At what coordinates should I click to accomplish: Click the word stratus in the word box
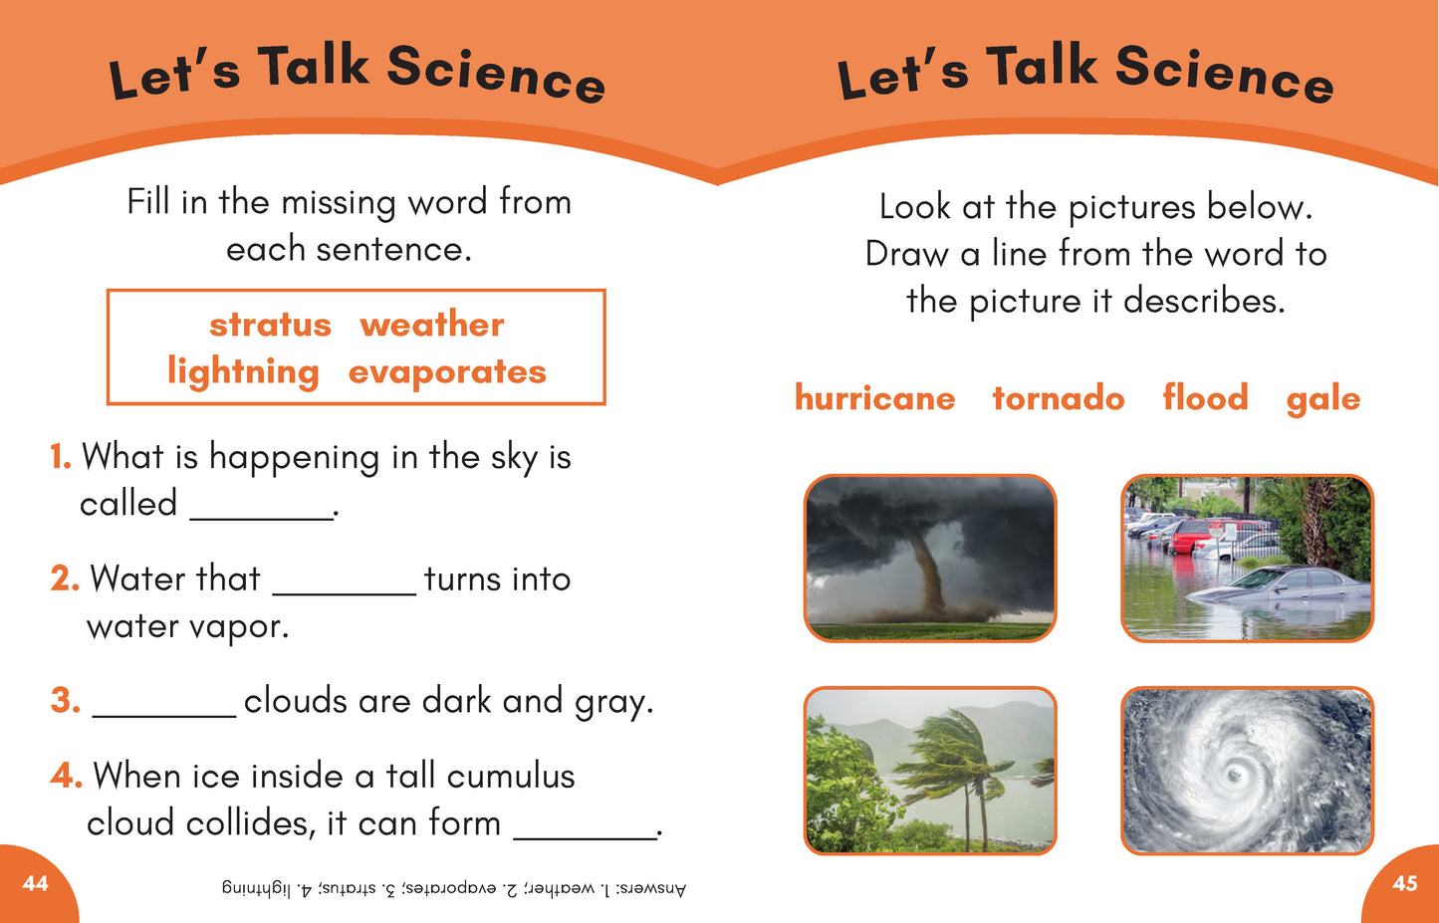point(271,325)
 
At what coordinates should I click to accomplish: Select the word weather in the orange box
point(432,324)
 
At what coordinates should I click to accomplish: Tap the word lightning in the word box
point(243,372)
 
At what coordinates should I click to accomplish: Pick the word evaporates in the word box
point(447,373)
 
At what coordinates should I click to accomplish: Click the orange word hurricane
point(875,397)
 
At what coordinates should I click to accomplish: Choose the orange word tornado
point(1059,397)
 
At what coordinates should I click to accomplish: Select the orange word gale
point(1323,399)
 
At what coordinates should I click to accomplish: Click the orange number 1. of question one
point(61,457)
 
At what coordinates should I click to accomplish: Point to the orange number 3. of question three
point(66,700)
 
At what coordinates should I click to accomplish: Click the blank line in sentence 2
point(345,594)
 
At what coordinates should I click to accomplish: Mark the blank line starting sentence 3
point(164,716)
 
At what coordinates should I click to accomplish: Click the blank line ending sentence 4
point(585,838)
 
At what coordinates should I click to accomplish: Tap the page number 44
point(35,884)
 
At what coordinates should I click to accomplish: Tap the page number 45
point(1405,884)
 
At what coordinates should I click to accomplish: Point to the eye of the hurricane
point(1234,776)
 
